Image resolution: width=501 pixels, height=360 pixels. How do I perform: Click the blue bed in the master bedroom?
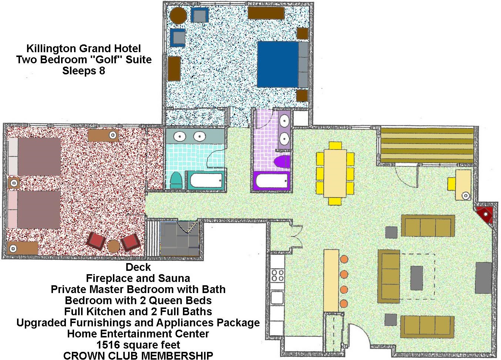[278, 64]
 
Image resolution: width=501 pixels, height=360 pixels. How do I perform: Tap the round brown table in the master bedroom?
[178, 16]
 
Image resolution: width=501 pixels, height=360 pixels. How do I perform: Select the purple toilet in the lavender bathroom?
[282, 162]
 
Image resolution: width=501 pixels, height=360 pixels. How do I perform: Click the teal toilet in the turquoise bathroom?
[176, 180]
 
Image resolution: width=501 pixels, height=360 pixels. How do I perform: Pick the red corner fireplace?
[485, 215]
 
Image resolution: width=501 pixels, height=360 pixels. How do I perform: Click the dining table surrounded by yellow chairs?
[335, 173]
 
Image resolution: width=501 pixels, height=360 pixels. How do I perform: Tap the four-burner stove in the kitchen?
[277, 275]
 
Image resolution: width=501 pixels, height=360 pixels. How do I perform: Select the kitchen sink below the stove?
[277, 297]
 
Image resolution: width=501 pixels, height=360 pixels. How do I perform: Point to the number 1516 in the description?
[108, 345]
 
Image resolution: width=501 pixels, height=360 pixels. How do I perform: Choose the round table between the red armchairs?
[113, 246]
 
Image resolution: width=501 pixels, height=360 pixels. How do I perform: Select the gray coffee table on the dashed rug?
[417, 278]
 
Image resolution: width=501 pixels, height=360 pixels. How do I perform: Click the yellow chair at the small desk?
[452, 184]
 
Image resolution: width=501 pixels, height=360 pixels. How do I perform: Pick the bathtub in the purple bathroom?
[271, 181]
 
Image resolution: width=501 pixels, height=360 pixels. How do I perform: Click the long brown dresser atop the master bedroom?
[266, 13]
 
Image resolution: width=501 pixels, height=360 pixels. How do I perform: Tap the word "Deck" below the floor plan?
[138, 267]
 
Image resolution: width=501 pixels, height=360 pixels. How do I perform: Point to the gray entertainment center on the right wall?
[484, 278]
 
